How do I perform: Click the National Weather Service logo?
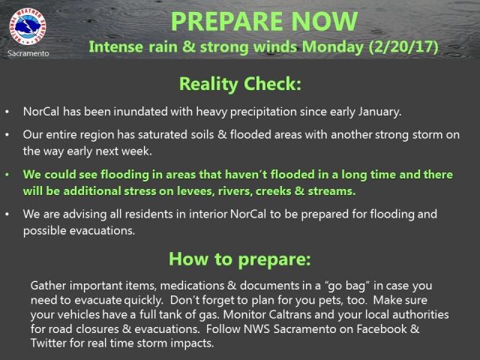click(28, 26)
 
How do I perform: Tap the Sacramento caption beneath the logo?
click(28, 53)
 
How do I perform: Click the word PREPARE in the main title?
click(226, 22)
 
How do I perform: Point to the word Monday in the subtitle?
click(333, 47)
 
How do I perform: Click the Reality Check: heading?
click(240, 84)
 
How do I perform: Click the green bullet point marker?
click(7, 175)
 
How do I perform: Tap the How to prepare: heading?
click(240, 259)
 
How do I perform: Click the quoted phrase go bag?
click(346, 286)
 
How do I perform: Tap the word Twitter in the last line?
click(48, 343)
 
